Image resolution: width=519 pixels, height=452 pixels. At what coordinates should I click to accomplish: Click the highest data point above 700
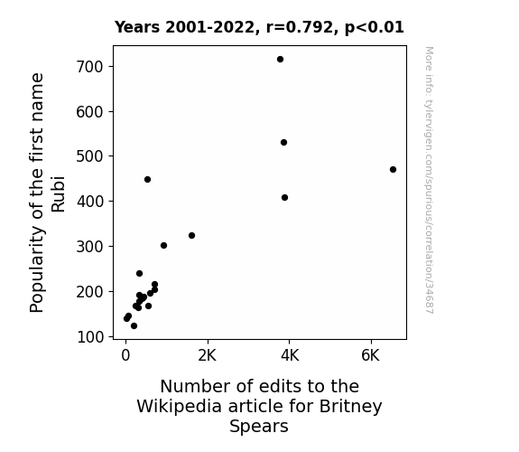[280, 60]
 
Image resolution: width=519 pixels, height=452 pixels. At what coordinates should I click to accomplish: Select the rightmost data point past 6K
[393, 169]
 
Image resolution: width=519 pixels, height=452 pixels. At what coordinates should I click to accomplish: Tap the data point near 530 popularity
[283, 142]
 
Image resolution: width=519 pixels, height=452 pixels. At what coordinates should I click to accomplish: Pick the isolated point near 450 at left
[148, 179]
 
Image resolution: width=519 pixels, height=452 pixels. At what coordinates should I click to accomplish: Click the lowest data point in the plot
[134, 326]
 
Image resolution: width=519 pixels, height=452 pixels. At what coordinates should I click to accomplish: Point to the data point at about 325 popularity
[191, 235]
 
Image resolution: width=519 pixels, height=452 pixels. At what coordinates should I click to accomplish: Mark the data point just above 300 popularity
[163, 245]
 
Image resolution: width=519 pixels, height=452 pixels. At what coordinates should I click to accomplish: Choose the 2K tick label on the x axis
[208, 356]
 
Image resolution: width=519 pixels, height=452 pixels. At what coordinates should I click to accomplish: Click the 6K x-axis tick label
[370, 356]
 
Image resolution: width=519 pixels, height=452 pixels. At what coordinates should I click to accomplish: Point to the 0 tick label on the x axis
[125, 356]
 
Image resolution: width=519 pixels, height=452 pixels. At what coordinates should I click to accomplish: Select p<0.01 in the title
[375, 28]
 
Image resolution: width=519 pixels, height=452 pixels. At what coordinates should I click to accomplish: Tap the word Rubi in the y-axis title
[58, 194]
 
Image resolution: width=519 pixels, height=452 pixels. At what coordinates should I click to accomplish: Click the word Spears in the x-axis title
[259, 427]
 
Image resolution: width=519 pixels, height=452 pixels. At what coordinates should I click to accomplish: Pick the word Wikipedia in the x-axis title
[179, 407]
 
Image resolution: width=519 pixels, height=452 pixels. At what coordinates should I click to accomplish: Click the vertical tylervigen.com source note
[430, 180]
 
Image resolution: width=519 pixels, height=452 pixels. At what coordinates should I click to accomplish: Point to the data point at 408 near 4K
[284, 198]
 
